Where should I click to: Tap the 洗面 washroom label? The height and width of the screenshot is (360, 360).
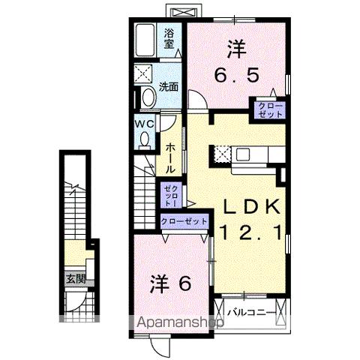pos(169,86)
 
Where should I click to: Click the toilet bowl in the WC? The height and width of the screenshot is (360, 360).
pos(145,139)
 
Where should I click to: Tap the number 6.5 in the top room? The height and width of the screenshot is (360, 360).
pos(236,76)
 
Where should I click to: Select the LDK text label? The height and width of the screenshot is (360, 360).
pos(250,206)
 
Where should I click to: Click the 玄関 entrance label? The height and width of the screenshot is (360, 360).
pos(76,280)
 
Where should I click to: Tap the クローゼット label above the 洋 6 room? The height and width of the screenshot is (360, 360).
pos(184,221)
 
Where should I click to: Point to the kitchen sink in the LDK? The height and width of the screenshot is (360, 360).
pos(244,155)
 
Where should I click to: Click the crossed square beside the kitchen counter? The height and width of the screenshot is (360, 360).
pos(221,154)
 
